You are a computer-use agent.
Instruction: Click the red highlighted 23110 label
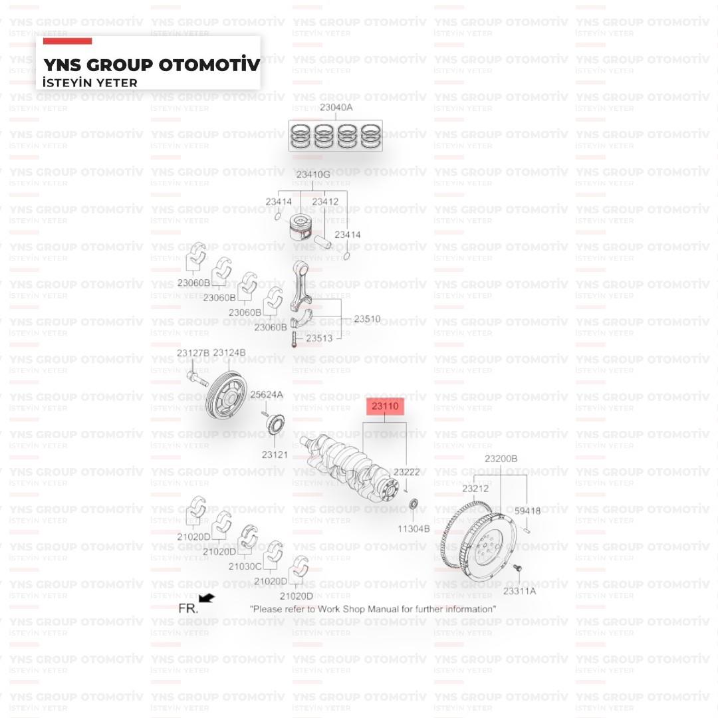point(385,406)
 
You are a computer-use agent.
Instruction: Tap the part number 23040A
point(336,107)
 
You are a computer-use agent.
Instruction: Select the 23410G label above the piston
point(313,174)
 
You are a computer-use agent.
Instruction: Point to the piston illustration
point(300,228)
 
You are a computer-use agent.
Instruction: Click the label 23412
point(325,201)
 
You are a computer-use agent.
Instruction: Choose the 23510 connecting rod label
point(367,318)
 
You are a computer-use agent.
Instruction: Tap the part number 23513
point(319,338)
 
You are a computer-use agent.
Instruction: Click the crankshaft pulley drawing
point(227,395)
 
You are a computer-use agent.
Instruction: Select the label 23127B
point(193,353)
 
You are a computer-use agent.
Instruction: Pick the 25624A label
point(267,394)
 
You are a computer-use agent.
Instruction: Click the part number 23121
point(275,455)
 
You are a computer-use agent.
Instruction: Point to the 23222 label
point(407,471)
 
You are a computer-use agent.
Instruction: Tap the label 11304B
point(414,529)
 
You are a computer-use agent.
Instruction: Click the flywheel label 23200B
point(501,458)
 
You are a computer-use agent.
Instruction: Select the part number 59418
point(527,511)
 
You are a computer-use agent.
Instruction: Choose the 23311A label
point(519,591)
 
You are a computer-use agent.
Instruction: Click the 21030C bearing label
point(245,566)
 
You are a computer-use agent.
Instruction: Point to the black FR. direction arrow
point(207,598)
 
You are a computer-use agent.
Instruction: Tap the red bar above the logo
point(67,41)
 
